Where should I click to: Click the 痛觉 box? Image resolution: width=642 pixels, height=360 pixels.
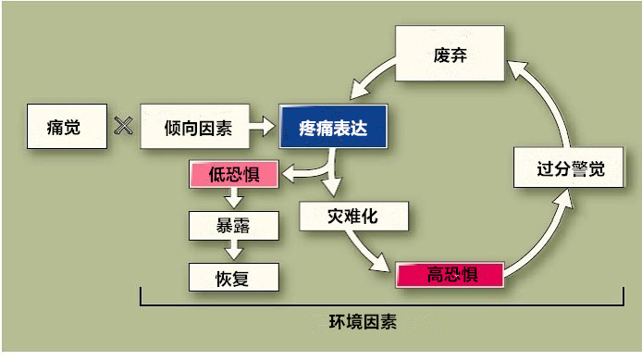point(63,128)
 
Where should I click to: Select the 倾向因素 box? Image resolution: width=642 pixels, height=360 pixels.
point(197,128)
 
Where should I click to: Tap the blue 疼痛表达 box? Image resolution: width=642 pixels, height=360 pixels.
point(334,128)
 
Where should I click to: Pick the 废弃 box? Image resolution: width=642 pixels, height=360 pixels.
point(450,55)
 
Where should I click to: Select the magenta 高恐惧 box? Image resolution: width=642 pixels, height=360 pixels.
point(451,274)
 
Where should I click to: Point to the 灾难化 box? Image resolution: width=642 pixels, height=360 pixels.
point(352,217)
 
